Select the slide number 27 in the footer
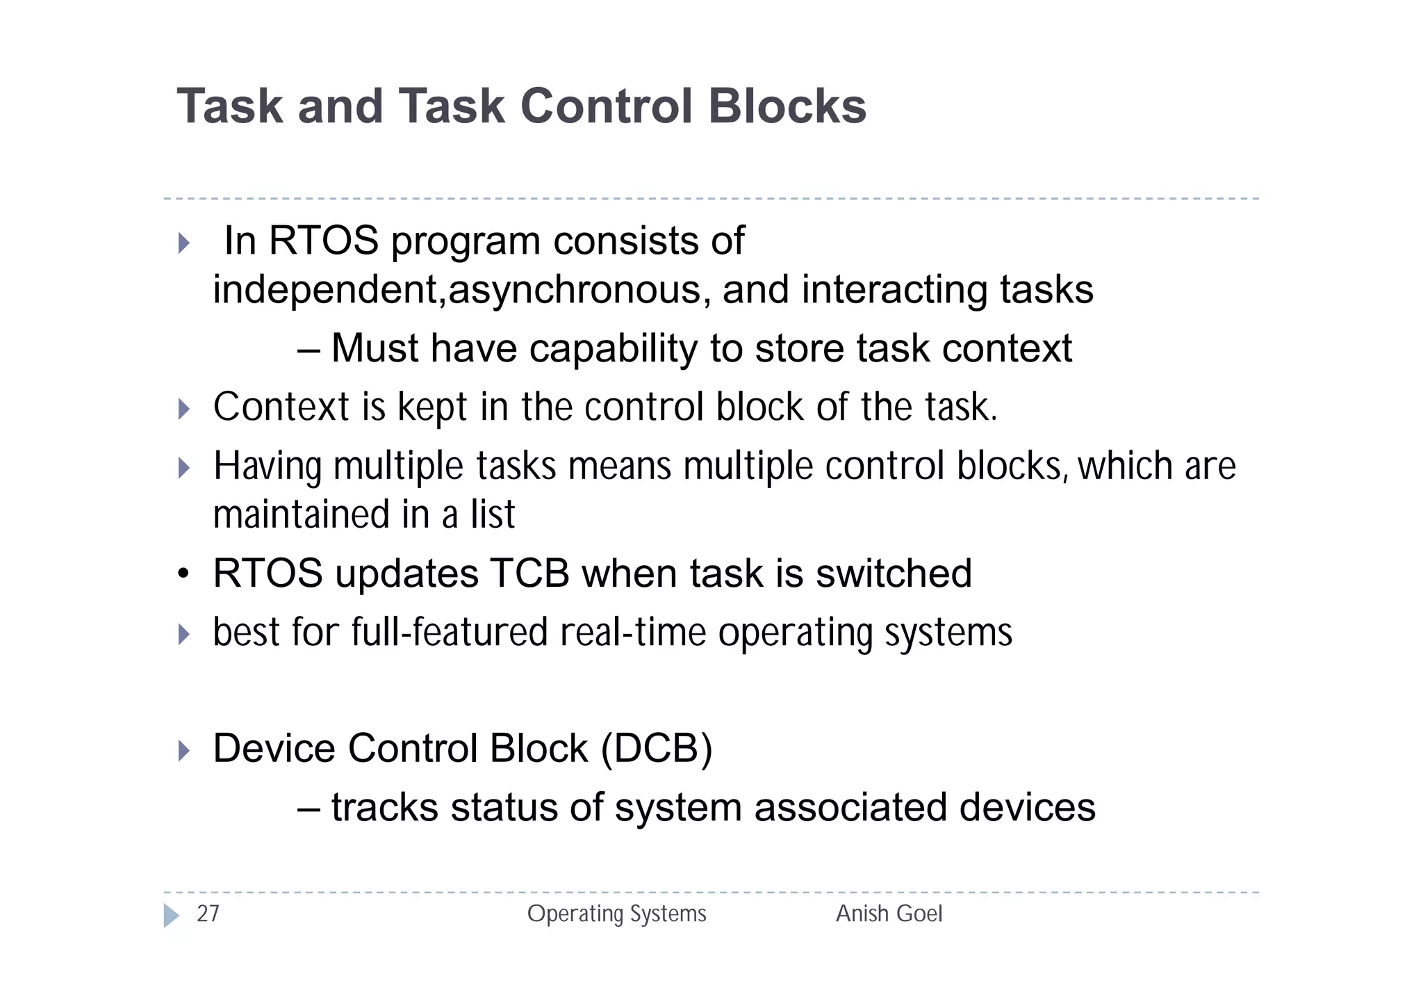pyautogui.click(x=208, y=914)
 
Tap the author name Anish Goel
pyautogui.click(x=889, y=914)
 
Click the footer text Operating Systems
pyautogui.click(x=616, y=914)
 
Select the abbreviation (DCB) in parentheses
pyautogui.click(x=657, y=749)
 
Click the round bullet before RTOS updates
pyautogui.click(x=183, y=575)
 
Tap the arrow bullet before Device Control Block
pyautogui.click(x=183, y=750)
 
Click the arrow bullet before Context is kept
pyautogui.click(x=183, y=409)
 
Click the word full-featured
pyautogui.click(x=450, y=633)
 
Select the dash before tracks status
pyautogui.click(x=308, y=809)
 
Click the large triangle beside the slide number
pyautogui.click(x=171, y=916)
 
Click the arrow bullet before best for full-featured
pyautogui.click(x=183, y=634)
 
